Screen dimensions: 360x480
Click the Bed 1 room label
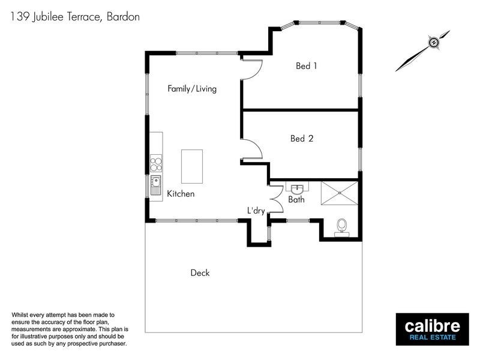click(307, 66)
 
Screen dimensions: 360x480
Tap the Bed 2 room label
click(302, 139)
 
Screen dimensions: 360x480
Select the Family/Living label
click(191, 89)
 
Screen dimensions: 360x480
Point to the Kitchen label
click(181, 194)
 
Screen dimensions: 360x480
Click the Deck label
click(200, 273)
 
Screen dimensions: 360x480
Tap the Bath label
click(296, 200)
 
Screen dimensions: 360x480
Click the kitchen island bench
click(192, 167)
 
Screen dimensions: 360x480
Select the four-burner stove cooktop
click(156, 164)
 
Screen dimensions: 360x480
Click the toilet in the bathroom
click(342, 226)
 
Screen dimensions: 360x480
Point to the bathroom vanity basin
click(296, 187)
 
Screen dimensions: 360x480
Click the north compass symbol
click(432, 43)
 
